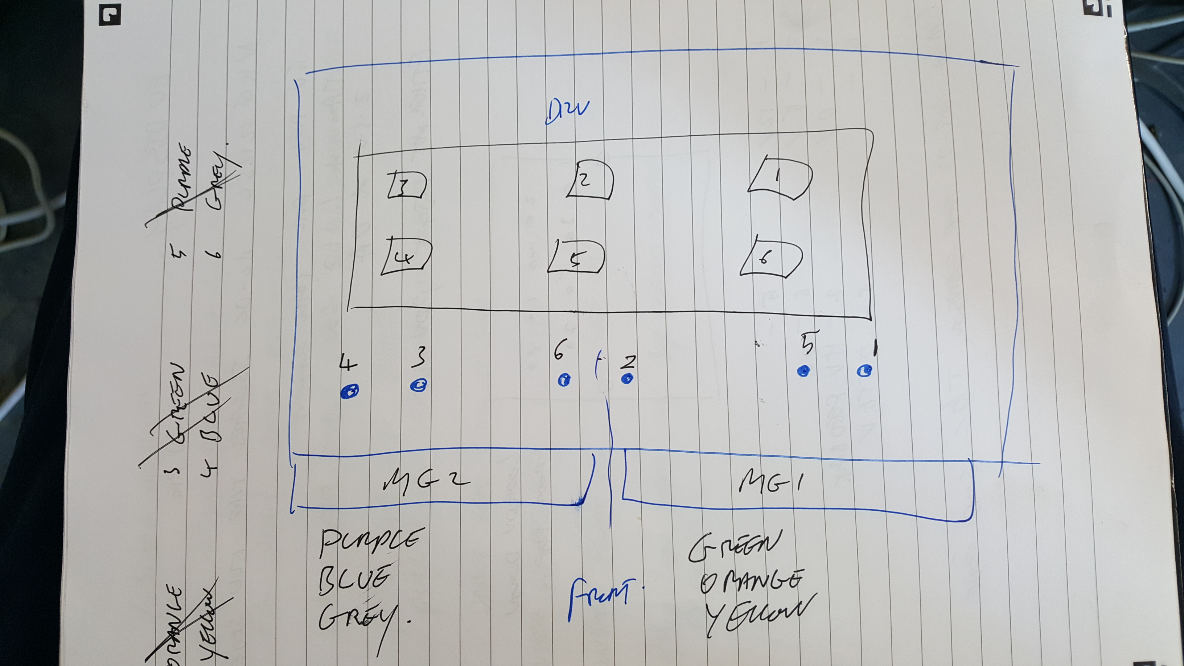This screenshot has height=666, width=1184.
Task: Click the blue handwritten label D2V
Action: pyautogui.click(x=566, y=112)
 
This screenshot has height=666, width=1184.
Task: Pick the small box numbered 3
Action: pyautogui.click(x=406, y=185)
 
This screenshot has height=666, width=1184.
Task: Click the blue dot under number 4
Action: pyautogui.click(x=350, y=392)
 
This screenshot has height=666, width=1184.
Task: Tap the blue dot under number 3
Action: pyautogui.click(x=418, y=385)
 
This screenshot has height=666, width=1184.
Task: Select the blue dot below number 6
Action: pyautogui.click(x=564, y=380)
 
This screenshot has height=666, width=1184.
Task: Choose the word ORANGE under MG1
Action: pyautogui.click(x=750, y=581)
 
